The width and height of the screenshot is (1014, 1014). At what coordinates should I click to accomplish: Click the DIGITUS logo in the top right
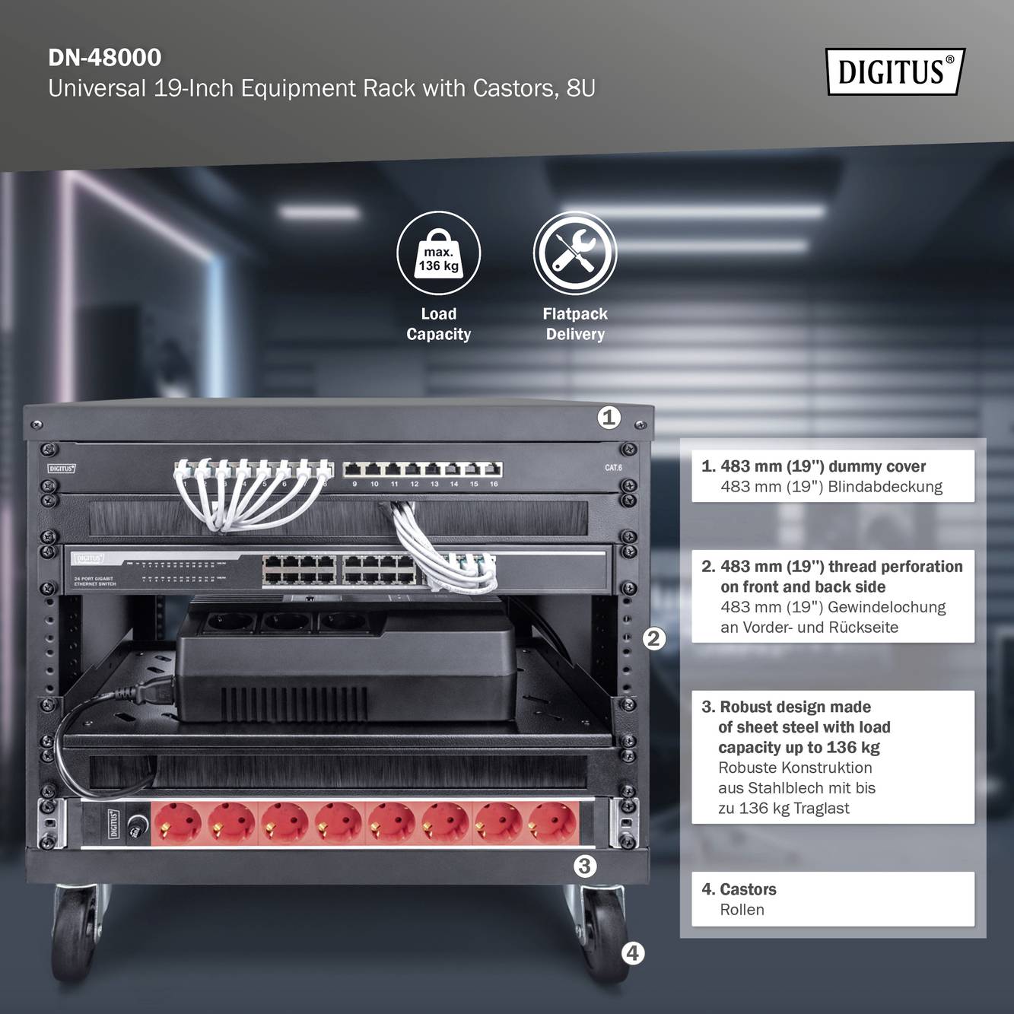pyautogui.click(x=895, y=72)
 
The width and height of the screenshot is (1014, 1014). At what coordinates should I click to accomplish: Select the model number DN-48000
pyautogui.click(x=105, y=58)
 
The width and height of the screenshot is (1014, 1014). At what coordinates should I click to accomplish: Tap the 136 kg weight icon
pyautogui.click(x=438, y=253)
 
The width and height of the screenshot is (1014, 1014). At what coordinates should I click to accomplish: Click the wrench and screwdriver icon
pyautogui.click(x=574, y=253)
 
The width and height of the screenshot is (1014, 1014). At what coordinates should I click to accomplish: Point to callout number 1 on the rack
pyautogui.click(x=609, y=417)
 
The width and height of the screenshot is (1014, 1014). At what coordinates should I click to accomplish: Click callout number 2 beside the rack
pyautogui.click(x=653, y=638)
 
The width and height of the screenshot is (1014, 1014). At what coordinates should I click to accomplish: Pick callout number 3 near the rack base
pyautogui.click(x=584, y=866)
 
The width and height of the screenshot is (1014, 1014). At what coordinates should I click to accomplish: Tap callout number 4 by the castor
pyautogui.click(x=633, y=952)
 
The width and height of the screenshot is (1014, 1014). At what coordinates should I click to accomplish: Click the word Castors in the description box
pyautogui.click(x=747, y=889)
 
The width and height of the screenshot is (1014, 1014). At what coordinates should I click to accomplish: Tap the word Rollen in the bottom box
pyautogui.click(x=742, y=910)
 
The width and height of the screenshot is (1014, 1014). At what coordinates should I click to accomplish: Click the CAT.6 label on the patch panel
pyautogui.click(x=613, y=468)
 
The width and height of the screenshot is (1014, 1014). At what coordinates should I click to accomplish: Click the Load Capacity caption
pyautogui.click(x=438, y=324)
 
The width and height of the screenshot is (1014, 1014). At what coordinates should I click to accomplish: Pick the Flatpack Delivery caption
pyautogui.click(x=574, y=324)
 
